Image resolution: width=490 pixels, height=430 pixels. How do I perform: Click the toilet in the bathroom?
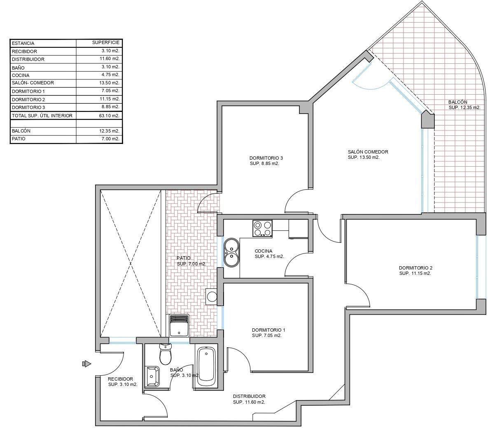(x=165, y=354)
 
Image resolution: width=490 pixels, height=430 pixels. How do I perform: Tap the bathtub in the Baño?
(x=207, y=365)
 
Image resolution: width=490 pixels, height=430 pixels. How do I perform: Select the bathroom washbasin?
(x=152, y=376)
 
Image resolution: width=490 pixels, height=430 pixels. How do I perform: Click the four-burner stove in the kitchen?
(x=263, y=228)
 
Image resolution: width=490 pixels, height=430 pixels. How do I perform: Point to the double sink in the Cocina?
(x=231, y=253)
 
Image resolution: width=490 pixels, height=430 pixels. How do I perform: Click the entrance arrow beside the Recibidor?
(x=86, y=363)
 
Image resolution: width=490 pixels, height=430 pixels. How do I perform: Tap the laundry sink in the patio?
(x=179, y=326)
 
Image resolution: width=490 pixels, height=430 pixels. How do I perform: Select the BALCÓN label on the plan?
(x=458, y=102)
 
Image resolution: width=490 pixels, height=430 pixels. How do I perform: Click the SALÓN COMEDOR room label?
(x=368, y=152)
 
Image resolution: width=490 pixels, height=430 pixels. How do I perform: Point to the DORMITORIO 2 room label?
(x=415, y=268)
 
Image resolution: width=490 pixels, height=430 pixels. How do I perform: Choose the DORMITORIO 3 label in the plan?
(x=266, y=158)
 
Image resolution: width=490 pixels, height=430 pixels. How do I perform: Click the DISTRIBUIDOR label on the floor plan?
(x=249, y=396)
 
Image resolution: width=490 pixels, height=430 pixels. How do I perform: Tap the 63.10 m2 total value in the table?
(x=110, y=116)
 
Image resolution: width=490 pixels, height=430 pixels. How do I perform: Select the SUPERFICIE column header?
(x=106, y=42)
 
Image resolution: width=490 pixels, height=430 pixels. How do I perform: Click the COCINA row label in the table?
(x=21, y=75)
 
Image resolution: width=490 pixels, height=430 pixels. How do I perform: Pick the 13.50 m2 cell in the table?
(x=110, y=83)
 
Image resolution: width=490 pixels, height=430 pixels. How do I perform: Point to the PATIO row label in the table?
(x=19, y=139)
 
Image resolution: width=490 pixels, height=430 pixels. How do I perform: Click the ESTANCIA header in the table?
(x=23, y=43)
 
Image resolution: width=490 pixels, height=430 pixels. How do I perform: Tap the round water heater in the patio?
(x=212, y=296)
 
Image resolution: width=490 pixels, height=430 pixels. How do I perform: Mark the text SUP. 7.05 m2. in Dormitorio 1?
(x=266, y=336)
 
